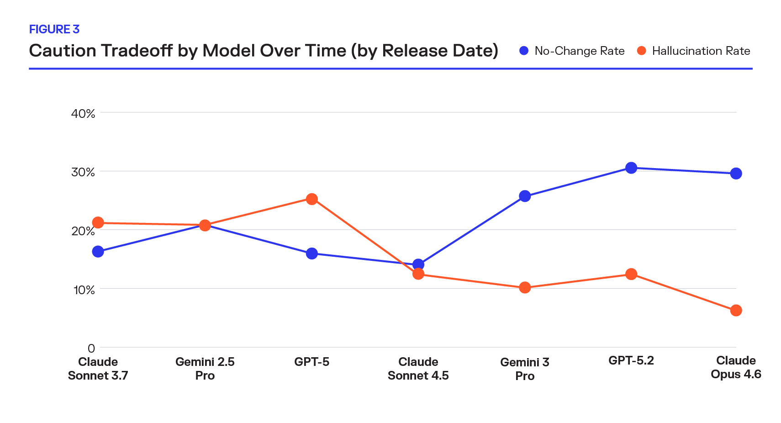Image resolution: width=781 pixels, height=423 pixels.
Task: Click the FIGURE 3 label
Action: point(54,29)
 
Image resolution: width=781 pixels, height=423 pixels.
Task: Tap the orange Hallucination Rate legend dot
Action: point(642,51)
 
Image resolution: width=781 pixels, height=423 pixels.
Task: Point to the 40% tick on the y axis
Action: point(83,113)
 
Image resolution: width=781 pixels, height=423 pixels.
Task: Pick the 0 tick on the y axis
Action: point(91,348)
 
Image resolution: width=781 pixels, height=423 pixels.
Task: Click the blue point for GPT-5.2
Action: point(631,168)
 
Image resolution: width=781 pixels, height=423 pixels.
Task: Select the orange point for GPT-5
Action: point(312,199)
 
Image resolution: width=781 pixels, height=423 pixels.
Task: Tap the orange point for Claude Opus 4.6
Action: point(736,311)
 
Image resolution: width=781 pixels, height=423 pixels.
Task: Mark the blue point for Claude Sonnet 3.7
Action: point(98,252)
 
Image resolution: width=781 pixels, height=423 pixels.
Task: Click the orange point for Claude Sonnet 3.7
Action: point(98,223)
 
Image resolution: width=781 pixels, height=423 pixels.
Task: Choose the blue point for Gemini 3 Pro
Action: point(525,196)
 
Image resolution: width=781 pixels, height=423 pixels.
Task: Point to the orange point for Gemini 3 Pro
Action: point(525,288)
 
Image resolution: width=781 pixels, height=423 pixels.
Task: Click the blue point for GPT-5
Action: point(312,254)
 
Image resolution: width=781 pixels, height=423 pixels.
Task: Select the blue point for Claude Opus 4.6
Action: point(736,174)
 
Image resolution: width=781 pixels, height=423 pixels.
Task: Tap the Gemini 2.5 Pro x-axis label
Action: point(205,369)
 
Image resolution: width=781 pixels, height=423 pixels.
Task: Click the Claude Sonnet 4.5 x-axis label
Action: point(418,369)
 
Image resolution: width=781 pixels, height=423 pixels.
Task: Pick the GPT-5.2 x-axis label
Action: point(631,360)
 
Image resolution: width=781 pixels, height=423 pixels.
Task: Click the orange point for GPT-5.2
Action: point(631,274)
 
